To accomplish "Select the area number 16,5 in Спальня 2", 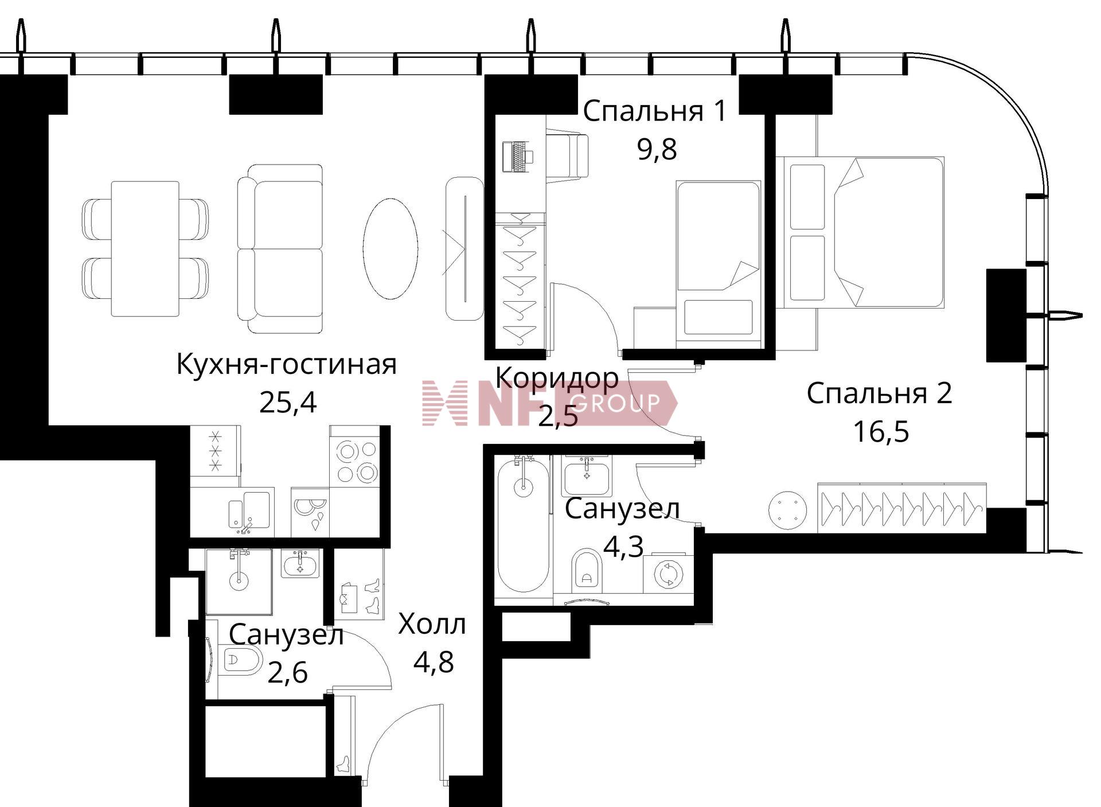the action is pyautogui.click(x=881, y=431).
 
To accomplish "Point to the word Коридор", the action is pyautogui.click(x=557, y=377).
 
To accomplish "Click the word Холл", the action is pyautogui.click(x=432, y=624).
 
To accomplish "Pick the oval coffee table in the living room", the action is pyautogui.click(x=390, y=248).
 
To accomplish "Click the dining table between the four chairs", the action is pyautogui.click(x=145, y=249).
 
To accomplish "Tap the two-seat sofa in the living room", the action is pyautogui.click(x=280, y=248).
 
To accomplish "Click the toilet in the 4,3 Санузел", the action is pyautogui.click(x=588, y=570).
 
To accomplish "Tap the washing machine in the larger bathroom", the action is pyautogui.click(x=668, y=574).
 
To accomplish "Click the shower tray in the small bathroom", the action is pyautogui.click(x=239, y=581).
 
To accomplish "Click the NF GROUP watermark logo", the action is pyautogui.click(x=549, y=403).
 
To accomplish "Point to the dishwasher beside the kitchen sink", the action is pyautogui.click(x=310, y=512).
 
